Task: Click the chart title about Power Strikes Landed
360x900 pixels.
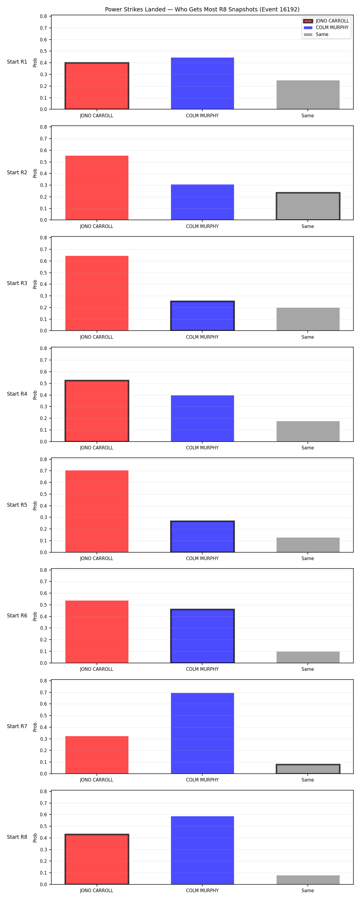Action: [x=202, y=9]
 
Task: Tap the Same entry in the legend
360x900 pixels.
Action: [x=316, y=34]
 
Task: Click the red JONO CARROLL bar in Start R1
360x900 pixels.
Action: [x=97, y=86]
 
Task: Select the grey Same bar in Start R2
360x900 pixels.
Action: [x=308, y=206]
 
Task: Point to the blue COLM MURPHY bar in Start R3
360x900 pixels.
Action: [x=202, y=316]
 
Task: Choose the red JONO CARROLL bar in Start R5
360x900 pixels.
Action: [x=97, y=511]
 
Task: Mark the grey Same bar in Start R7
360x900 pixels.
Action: [x=308, y=769]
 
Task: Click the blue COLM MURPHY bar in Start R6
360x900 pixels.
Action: [x=202, y=636]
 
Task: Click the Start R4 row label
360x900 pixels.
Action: [x=17, y=394]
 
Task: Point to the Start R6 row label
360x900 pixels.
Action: [x=17, y=616]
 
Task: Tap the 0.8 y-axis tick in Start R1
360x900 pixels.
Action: [x=43, y=16]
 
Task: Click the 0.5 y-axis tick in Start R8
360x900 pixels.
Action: [x=43, y=826]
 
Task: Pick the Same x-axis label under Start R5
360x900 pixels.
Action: [x=308, y=559]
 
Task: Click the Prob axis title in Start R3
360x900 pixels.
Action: [x=35, y=284]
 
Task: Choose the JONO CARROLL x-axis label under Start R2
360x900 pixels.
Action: [x=97, y=226]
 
